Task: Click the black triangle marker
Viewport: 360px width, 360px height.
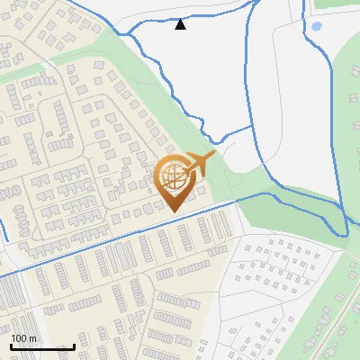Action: [x=181, y=24]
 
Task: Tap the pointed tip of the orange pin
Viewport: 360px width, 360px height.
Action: [x=172, y=211]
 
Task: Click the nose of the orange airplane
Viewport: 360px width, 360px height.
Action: [x=213, y=155]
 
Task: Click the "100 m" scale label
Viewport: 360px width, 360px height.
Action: [x=24, y=338]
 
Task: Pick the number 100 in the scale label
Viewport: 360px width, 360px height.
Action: [x=20, y=338]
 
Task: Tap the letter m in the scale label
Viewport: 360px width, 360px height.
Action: [x=33, y=338]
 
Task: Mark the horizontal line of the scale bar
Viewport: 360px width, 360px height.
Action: [x=42, y=346]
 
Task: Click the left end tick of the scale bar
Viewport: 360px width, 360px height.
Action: [x=11, y=345]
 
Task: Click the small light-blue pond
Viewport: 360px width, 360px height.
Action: [x=316, y=26]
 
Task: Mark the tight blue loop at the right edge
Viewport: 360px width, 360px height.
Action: [x=342, y=225]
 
